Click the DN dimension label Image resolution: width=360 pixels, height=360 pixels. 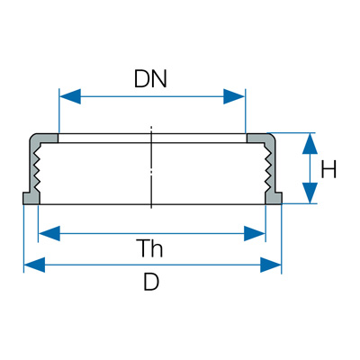click(x=150, y=79)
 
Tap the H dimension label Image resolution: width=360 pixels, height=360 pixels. click(x=328, y=169)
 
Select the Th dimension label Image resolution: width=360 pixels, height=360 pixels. click(x=151, y=248)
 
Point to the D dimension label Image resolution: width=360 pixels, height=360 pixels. click(x=151, y=282)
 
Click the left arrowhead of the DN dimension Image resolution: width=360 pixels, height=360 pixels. click(x=70, y=96)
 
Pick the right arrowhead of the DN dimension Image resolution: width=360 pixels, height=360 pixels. click(x=234, y=96)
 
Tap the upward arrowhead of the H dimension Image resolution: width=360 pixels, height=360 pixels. click(x=310, y=144)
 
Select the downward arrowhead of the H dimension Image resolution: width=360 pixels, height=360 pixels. click(x=310, y=193)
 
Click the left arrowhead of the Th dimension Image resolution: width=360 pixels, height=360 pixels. click(x=49, y=233)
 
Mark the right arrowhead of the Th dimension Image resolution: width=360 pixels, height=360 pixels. click(x=255, y=233)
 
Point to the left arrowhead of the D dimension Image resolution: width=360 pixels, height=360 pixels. click(x=34, y=265)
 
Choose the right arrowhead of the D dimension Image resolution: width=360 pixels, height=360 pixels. click(x=271, y=265)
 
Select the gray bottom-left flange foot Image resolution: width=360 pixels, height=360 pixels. click(x=31, y=198)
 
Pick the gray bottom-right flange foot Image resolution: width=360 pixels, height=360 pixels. click(x=274, y=198)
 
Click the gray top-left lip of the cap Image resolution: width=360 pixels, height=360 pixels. click(x=45, y=139)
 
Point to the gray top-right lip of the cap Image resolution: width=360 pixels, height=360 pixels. click(x=260, y=139)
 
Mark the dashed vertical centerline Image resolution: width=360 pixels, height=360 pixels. click(x=152, y=166)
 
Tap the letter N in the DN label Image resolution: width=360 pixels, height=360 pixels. click(x=159, y=79)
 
